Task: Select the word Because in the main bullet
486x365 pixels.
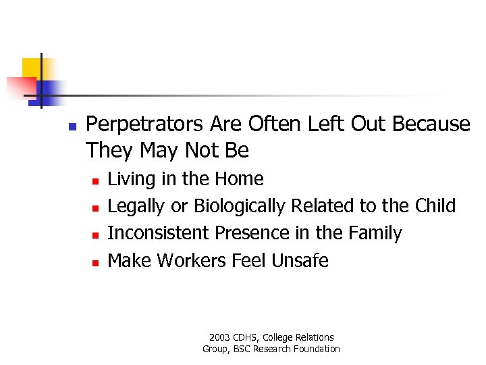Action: tap(431, 124)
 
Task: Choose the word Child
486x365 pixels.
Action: tap(435, 205)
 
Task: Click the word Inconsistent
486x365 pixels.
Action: tap(159, 233)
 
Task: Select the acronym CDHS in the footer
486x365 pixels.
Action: tap(247, 337)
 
